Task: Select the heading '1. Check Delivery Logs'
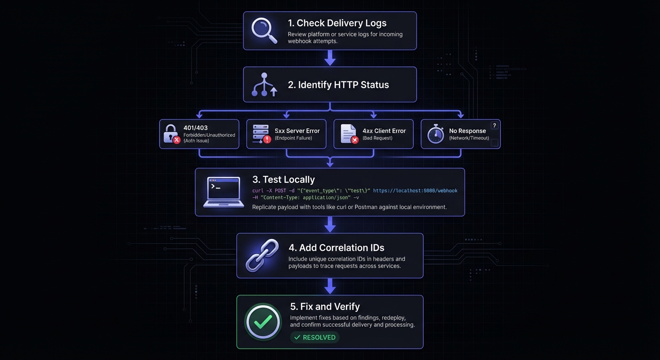pyautogui.click(x=337, y=23)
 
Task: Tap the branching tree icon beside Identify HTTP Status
pyautogui.click(x=264, y=85)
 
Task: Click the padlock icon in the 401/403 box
pyautogui.click(x=171, y=134)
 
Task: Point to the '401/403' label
pyautogui.click(x=196, y=127)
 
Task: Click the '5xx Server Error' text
pyautogui.click(x=297, y=131)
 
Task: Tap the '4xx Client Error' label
pyautogui.click(x=383, y=131)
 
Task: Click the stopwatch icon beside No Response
pyautogui.click(x=435, y=134)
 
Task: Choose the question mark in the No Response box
pyautogui.click(x=494, y=126)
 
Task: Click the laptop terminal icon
pyautogui.click(x=224, y=192)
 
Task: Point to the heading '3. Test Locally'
pyautogui.click(x=284, y=180)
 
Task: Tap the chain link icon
pyautogui.click(x=262, y=256)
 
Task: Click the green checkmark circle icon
pyautogui.click(x=262, y=322)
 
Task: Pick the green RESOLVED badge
pyautogui.click(x=315, y=337)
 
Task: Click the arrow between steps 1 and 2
pyautogui.click(x=330, y=58)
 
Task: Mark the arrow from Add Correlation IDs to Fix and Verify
pyautogui.click(x=330, y=286)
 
